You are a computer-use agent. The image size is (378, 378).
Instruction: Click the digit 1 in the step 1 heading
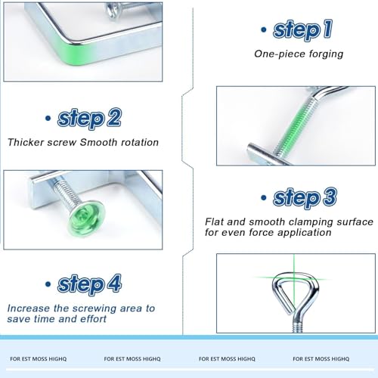pos(328,29)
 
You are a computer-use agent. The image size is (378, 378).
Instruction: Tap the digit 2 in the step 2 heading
pos(114,117)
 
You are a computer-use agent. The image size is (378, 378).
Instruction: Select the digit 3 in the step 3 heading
pos(330,197)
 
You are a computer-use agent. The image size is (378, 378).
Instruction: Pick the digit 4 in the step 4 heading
pos(114,283)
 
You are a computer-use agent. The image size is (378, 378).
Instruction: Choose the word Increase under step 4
pos(29,308)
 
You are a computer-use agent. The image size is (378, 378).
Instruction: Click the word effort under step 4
pos(93,319)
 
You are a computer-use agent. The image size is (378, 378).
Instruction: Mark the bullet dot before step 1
pos(264,29)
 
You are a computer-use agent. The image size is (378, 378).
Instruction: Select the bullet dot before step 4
pos(48,284)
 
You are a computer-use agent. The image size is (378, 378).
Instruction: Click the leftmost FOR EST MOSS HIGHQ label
pos(39,359)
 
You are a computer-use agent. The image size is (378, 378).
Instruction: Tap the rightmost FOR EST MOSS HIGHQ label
pos(321,359)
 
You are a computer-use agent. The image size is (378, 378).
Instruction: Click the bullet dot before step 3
pos(264,197)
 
